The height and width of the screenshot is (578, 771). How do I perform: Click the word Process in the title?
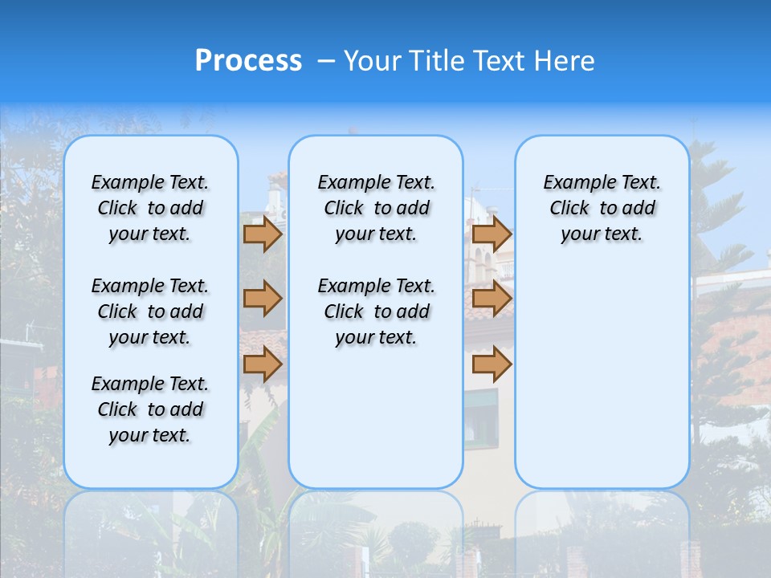coord(248,60)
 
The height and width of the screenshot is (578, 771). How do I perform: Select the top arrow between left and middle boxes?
coord(263,234)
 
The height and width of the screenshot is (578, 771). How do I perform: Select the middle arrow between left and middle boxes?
coord(263,299)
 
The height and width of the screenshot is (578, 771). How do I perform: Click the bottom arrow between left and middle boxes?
coord(263,364)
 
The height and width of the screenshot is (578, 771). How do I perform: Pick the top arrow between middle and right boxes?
coord(492,234)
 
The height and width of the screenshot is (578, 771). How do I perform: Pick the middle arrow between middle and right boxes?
coord(492,299)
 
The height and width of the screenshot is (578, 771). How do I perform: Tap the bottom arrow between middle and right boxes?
coord(492,364)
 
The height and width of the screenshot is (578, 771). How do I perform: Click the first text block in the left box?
coord(150,208)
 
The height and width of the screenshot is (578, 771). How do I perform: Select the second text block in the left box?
coord(150,311)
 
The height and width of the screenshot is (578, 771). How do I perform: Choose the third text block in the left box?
coord(150,409)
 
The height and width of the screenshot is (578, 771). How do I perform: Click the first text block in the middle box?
coord(376,208)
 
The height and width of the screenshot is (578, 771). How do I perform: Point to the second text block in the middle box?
coord(376,311)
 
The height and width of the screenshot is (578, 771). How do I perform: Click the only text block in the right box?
coord(602,208)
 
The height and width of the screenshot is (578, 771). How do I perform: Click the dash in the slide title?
coord(326,61)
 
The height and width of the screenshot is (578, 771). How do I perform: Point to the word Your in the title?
coord(372,60)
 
